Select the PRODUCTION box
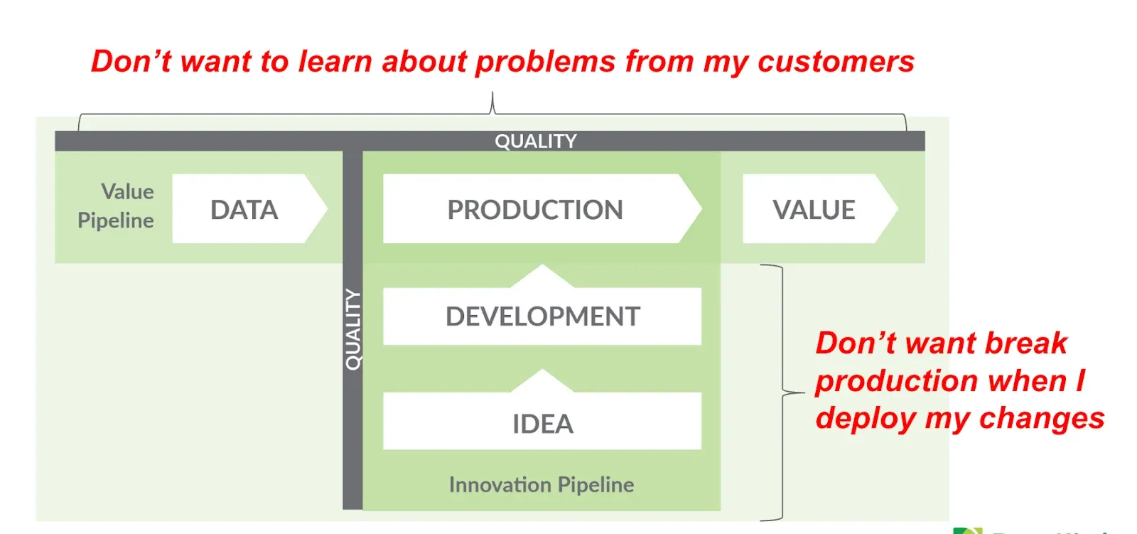534,210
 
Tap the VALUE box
814,210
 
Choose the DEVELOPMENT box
542,316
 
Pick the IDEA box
542,424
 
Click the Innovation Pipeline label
541,485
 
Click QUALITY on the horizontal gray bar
536,141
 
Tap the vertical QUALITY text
352,329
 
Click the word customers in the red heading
836,62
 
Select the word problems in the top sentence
545,62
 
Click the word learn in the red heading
335,62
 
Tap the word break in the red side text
1026,343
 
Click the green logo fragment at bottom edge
967,530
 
